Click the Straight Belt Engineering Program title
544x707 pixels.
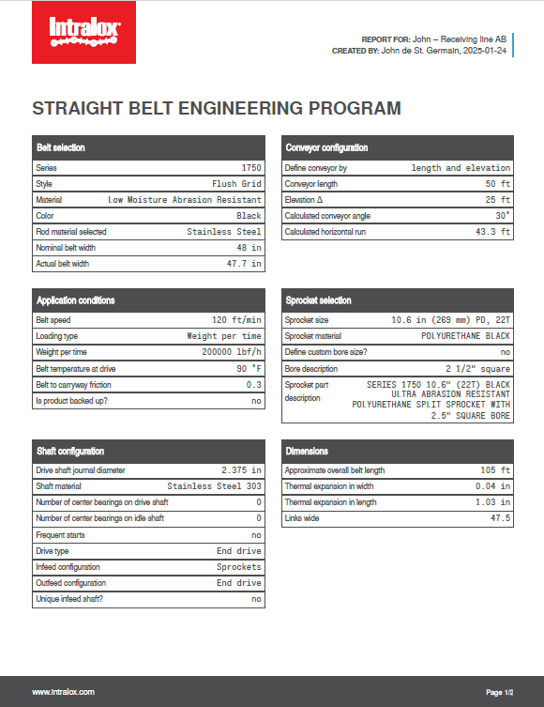pos(217,108)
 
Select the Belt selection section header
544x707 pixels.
pos(60,147)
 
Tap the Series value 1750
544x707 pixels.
pos(250,167)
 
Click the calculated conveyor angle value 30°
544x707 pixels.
pos(502,216)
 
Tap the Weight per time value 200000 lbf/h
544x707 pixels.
pos(226,352)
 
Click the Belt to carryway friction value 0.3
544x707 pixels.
pos(253,384)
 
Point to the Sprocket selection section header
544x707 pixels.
pos(318,300)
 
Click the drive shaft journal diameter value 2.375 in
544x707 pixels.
pos(241,470)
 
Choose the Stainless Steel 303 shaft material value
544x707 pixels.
pos(214,486)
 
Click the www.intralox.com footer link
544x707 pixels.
pos(63,692)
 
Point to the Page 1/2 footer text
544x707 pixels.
pos(499,692)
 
